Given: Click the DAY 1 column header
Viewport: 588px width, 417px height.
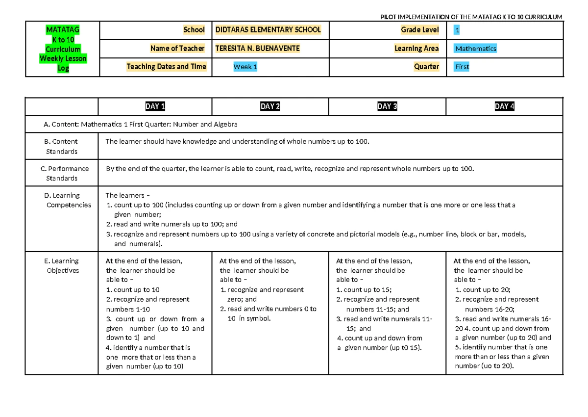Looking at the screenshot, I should coord(155,106).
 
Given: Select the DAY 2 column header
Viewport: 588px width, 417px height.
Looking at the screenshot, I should coord(270,106).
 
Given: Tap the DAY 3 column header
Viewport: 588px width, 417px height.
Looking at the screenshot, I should coord(387,106).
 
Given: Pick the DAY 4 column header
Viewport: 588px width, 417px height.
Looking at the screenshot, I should coord(505,106).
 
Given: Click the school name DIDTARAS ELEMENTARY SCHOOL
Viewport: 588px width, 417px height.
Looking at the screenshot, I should coord(268,30).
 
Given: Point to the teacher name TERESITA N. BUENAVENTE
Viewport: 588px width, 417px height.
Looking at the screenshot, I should coord(257,49).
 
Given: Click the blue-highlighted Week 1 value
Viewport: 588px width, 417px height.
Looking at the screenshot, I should coord(245,67).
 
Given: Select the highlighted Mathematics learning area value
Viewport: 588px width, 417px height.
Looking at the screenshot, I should coord(475,49).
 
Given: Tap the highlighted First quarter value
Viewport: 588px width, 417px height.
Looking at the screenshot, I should coord(462,67).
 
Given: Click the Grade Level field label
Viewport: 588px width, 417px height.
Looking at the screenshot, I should coord(420,30).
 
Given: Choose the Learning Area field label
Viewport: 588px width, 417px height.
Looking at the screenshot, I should coord(416,49).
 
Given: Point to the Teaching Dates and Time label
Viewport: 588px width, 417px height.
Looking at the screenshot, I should coord(167,67).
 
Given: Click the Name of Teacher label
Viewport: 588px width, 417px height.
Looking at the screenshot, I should coord(177,49).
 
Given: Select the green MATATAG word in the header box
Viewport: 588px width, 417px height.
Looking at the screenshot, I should coord(63,30).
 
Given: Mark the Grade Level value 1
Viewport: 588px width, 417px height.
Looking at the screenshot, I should coord(457,30).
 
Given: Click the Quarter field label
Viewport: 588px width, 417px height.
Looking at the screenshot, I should coord(426,67).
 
